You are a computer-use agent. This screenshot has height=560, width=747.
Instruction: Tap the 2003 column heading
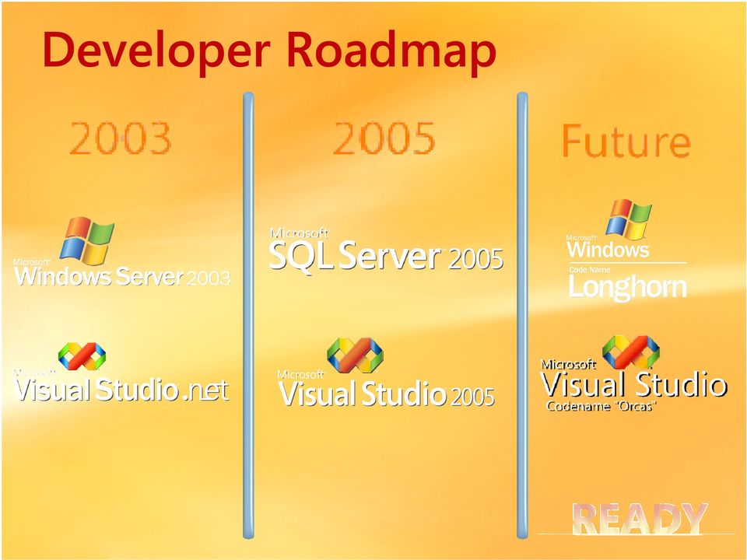121,138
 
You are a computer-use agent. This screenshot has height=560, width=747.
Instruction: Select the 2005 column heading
384,138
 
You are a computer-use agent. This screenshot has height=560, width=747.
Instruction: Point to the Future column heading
626,141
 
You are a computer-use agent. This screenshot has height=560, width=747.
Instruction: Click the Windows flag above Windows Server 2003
87,241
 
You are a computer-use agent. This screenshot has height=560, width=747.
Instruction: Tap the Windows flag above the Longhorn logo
629,219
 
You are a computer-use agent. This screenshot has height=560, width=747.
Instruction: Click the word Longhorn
627,288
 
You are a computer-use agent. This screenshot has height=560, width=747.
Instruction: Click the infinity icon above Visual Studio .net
82,356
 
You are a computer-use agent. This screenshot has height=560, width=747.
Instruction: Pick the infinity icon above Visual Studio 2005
355,355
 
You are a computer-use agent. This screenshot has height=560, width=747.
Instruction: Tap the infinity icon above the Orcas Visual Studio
631,352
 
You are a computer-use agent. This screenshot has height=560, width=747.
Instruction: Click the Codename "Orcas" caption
601,406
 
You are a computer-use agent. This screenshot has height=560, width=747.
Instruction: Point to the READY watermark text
640,519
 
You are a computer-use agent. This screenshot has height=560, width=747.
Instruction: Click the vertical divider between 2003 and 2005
248,316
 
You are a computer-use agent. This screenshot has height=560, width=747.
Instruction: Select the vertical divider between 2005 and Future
522,316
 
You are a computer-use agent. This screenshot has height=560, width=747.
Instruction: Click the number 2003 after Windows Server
209,278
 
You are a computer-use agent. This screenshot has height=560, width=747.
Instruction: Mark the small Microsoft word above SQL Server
299,233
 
